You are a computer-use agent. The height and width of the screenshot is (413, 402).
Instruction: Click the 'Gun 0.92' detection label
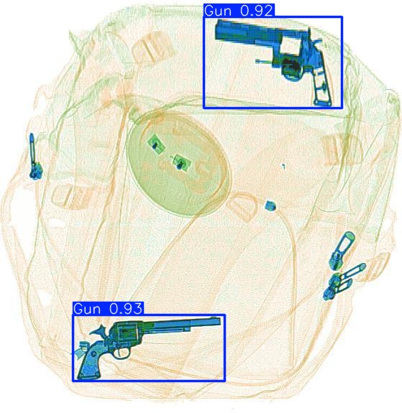tap(237, 11)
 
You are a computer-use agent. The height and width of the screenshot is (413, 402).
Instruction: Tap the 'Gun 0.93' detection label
tap(108, 308)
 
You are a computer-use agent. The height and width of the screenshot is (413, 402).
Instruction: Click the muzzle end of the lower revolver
tap(217, 321)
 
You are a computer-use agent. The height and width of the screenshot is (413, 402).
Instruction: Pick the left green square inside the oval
tap(154, 144)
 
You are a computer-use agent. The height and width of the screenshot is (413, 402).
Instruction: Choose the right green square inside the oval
tap(180, 162)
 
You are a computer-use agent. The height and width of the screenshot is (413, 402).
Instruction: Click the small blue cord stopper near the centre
tap(270, 205)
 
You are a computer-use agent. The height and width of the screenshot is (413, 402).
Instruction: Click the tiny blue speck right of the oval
tap(283, 167)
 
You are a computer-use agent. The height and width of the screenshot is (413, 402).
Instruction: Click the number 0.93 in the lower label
tap(125, 308)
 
